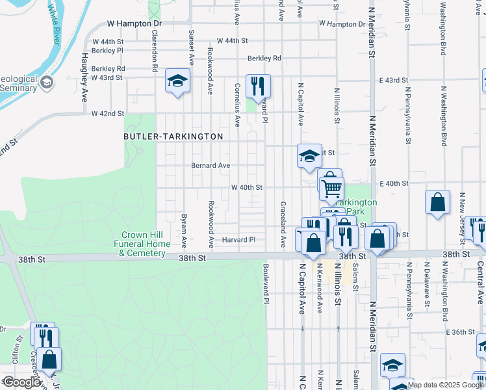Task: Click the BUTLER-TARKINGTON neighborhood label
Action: tap(173, 136)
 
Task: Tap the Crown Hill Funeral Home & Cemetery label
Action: tap(146, 244)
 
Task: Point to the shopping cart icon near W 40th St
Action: tap(331, 188)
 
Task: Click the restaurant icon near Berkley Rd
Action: tap(258, 86)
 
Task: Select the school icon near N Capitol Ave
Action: tap(310, 155)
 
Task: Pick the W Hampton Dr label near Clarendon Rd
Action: tap(134, 23)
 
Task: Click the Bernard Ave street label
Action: tap(210, 166)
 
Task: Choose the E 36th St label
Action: tap(461, 332)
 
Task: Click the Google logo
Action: tap(21, 382)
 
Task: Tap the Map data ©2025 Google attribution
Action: tap(446, 385)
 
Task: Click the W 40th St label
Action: tap(247, 187)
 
